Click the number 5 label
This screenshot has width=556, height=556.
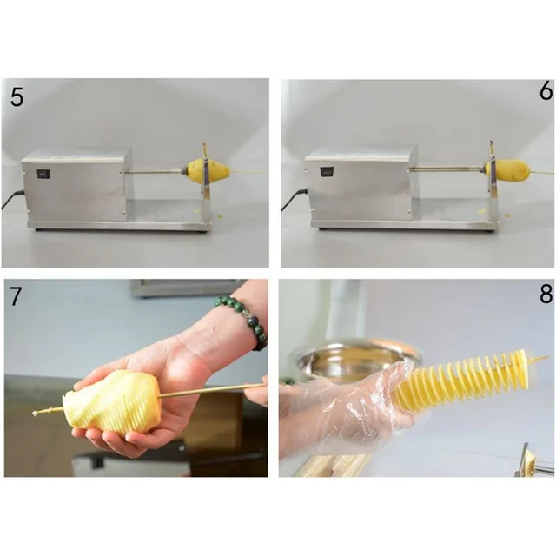17,96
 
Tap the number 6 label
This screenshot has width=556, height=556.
545,91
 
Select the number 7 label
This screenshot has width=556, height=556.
16,295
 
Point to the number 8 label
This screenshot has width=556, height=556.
545,294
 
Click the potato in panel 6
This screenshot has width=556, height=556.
511,170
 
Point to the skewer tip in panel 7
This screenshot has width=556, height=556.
37,412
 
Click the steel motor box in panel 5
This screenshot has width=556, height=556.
76,184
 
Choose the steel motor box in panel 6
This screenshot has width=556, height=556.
359,184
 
